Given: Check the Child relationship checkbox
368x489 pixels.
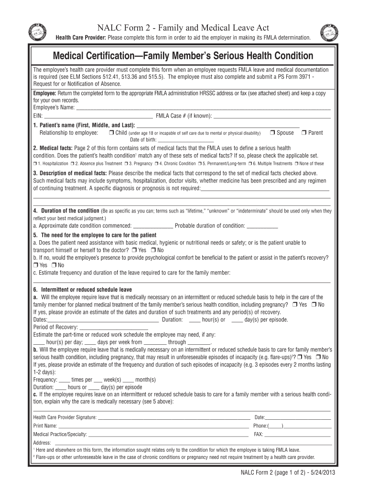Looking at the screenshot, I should click(x=111, y=133).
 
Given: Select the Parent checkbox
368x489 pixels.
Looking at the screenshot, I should click(x=303, y=133).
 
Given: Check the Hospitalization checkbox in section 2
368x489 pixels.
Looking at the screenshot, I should click(x=35, y=163).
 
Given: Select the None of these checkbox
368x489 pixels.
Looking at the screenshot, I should click(x=296, y=163).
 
